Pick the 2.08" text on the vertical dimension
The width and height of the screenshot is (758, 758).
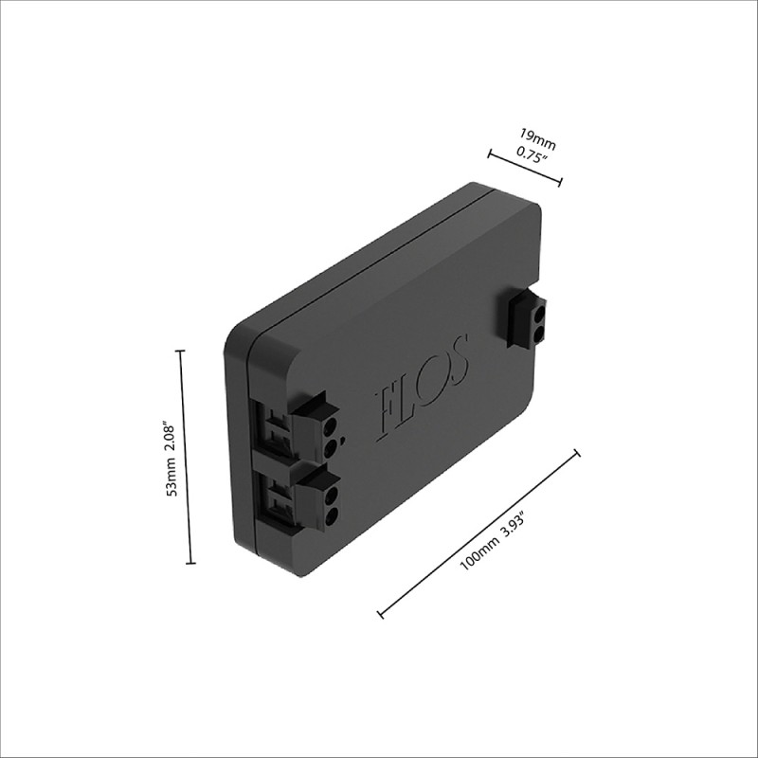pyautogui.click(x=171, y=437)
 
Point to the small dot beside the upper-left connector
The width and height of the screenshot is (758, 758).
pyautogui.click(x=343, y=440)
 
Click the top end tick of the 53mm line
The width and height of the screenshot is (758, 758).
pyautogui.click(x=181, y=351)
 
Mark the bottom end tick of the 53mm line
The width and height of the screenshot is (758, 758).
pyautogui.click(x=190, y=564)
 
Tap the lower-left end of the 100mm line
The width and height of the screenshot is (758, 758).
pyautogui.click(x=380, y=614)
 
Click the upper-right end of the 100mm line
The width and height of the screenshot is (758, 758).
pyautogui.click(x=576, y=454)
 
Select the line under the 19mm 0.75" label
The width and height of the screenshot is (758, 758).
pyautogui.click(x=525, y=168)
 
